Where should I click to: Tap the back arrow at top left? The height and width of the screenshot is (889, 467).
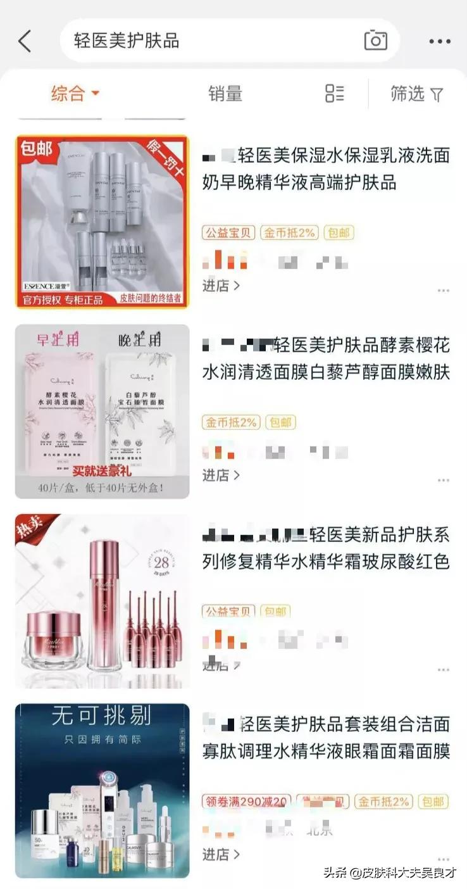pos(25,41)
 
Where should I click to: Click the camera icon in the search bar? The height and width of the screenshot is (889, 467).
pos(375,41)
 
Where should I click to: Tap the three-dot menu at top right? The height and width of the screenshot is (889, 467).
pos(440,42)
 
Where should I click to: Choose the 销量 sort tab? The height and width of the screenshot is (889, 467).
pos(225,94)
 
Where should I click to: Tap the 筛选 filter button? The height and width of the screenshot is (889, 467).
pos(416,94)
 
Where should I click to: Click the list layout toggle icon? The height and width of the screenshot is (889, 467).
pos(334,94)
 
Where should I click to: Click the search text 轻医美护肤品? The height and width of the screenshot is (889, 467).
pos(127,41)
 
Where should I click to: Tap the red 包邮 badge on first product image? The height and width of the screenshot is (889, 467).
pos(36,149)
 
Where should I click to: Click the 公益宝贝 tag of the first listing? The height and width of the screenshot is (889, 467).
pos(228,232)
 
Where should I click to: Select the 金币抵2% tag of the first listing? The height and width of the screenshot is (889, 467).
pos(289,232)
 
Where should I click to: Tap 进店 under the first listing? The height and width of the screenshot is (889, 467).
pos(221,286)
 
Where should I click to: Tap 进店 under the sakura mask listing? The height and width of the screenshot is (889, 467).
pos(221,475)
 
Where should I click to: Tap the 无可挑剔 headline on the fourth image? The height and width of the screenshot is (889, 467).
pos(101,716)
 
